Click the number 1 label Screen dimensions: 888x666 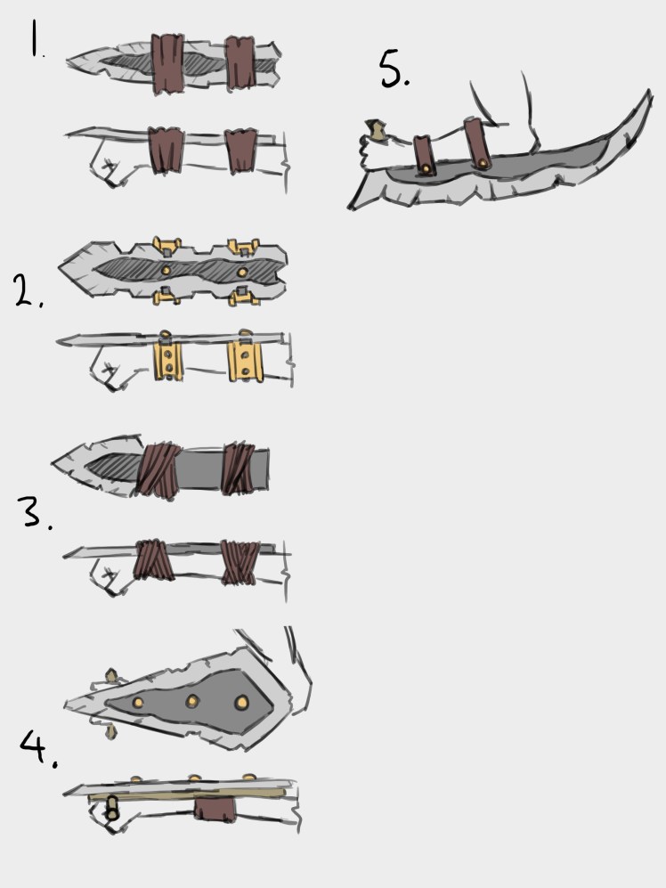tap(36, 41)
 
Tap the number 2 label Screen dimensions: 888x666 tap(27, 290)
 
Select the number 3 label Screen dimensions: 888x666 tap(33, 513)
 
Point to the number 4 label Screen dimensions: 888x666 tap(38, 750)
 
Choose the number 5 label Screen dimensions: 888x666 tap(394, 69)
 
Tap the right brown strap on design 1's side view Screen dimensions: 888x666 tap(240, 151)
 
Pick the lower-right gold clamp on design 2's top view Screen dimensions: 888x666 tap(241, 296)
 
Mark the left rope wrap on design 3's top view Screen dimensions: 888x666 tap(158, 468)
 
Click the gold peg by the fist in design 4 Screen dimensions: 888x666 tap(113, 808)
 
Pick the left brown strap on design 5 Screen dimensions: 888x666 tap(424, 153)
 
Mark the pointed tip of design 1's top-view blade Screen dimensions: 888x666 tap(70, 61)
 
